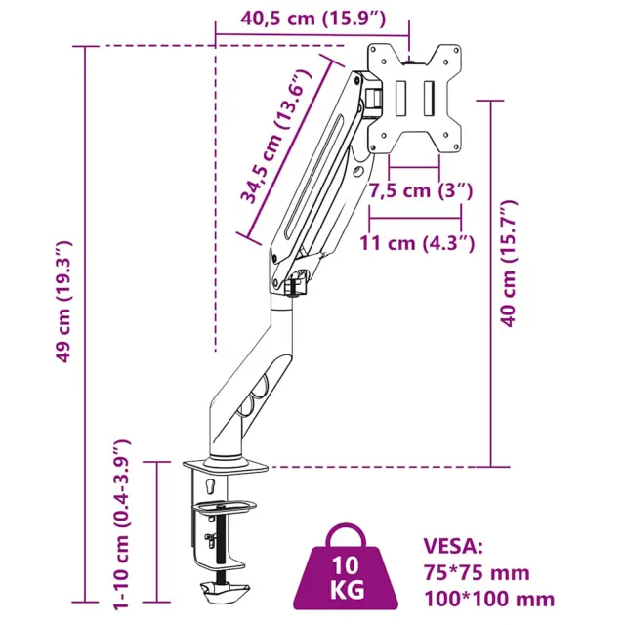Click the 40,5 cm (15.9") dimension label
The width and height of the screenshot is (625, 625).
pos(312,19)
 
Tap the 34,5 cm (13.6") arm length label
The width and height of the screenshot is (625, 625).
pos(275,137)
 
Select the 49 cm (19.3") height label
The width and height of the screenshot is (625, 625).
pos(63,302)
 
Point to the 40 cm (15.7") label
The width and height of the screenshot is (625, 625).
pos(509,264)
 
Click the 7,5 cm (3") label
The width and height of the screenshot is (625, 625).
pos(420,190)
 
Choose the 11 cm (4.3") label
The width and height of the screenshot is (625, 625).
pos(417,243)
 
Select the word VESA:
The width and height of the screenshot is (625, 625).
pos(453,546)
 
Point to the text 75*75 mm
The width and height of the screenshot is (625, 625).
pos(477,573)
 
